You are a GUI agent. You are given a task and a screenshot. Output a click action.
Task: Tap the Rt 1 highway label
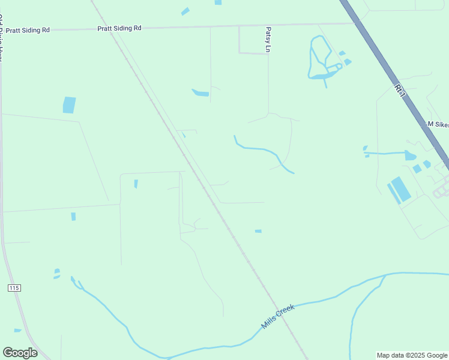click(399, 90)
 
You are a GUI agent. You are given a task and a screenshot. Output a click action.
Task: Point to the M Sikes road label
click(438, 124)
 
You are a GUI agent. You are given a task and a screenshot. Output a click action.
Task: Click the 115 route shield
click(14, 288)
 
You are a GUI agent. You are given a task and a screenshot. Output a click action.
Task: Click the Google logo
click(20, 352)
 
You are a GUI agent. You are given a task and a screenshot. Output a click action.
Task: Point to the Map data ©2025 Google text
click(412, 355)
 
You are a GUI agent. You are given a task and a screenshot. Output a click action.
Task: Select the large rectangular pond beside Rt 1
click(400, 188)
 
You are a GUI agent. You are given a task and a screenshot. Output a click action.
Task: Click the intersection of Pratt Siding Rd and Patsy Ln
click(268, 25)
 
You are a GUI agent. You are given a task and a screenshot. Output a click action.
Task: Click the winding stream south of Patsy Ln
click(264, 150)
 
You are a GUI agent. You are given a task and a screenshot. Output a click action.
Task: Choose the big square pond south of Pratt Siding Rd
click(70, 105)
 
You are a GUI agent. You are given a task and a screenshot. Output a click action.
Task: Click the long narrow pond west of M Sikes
click(387, 154)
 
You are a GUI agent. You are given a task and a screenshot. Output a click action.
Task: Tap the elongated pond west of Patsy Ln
click(200, 93)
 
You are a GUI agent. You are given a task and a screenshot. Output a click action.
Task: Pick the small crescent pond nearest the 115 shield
click(57, 273)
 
